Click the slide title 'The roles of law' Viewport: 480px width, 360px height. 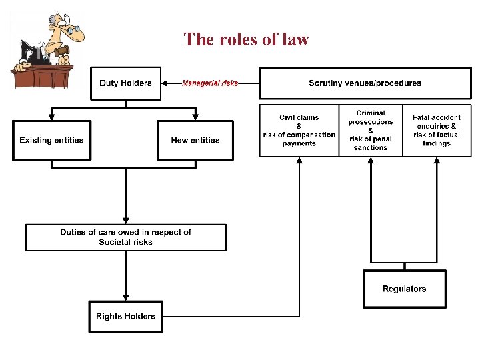[x=246, y=39]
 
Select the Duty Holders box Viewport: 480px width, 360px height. [x=125, y=83]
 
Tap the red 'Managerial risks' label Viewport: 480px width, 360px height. [x=210, y=83]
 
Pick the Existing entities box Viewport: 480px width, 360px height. [x=51, y=140]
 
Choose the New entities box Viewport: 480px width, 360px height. [x=195, y=140]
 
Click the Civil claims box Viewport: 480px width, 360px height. [x=299, y=130]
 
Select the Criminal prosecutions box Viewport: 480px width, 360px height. [x=371, y=130]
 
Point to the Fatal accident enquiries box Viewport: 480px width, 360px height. [x=436, y=130]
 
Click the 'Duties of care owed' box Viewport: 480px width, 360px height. [x=125, y=237]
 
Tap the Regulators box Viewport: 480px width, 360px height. [x=404, y=289]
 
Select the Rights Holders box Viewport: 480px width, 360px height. [x=125, y=316]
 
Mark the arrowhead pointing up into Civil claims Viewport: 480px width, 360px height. [x=299, y=161]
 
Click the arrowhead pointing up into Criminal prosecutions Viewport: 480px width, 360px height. [x=371, y=161]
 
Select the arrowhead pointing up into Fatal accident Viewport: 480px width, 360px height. [x=436, y=161]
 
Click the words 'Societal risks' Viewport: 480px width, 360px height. [x=125, y=242]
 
